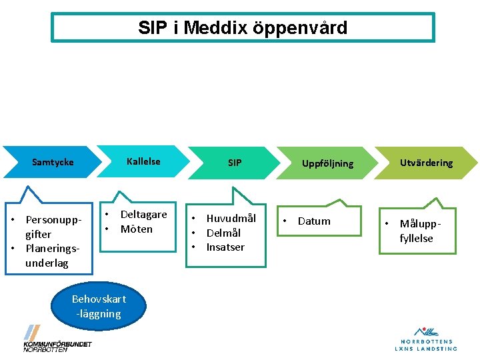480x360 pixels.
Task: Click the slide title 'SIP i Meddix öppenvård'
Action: pos(243,28)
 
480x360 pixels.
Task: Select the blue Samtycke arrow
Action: pos(53,162)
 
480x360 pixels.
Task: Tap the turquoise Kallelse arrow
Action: pos(143,161)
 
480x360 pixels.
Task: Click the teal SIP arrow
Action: pos(235,163)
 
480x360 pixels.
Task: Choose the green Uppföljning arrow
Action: pos(327,163)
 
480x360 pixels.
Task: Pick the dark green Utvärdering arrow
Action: pos(426,163)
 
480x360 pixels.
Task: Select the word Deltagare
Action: pos(143,215)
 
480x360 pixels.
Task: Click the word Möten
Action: pos(136,229)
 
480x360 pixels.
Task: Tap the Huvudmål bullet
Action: pos(231,219)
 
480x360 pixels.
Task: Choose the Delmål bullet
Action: pos(223,233)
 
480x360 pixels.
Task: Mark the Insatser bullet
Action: pos(225,247)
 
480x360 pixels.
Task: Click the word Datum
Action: pos(314,221)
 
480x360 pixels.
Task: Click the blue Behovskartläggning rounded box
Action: pos(99,306)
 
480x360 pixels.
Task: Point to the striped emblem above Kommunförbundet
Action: pos(32,331)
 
